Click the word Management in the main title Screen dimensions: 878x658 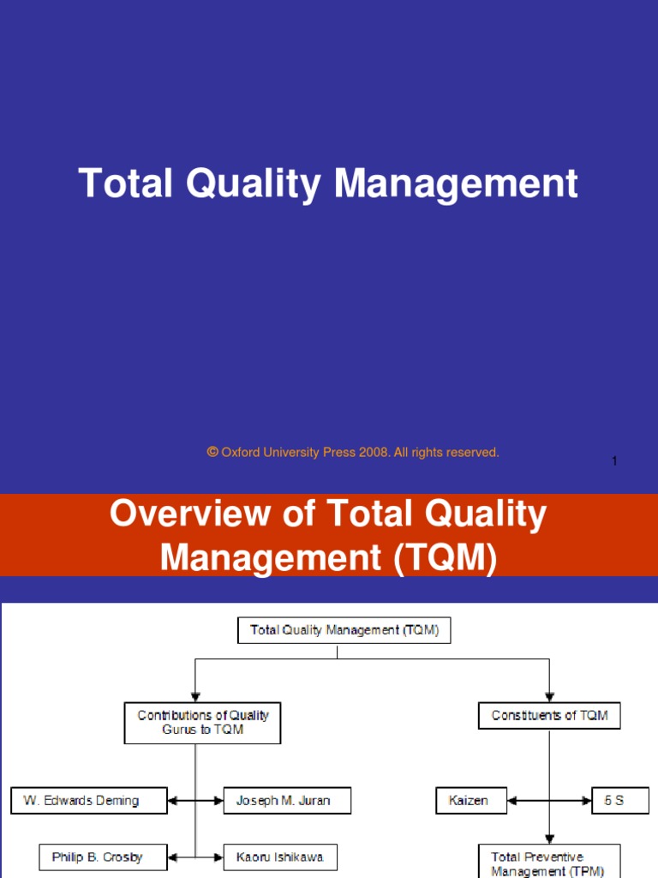click(456, 184)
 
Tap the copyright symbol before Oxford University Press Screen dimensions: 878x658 click(212, 452)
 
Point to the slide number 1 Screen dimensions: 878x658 click(614, 462)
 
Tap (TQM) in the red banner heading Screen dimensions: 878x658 click(445, 558)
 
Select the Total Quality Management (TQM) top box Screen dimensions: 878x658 click(344, 630)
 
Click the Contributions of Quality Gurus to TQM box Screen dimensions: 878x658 click(203, 723)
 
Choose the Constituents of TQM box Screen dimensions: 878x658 click(549, 715)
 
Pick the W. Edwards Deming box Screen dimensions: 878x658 click(88, 802)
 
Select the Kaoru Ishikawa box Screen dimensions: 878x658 click(280, 857)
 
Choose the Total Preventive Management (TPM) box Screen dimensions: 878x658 click(548, 863)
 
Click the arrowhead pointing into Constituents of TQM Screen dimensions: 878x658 click(549, 695)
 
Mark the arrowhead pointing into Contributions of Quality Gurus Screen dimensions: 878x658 click(195, 695)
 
